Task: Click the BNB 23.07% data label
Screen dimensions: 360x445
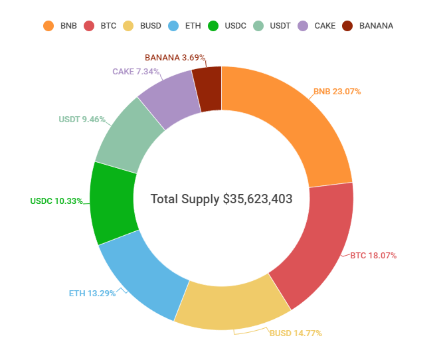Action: (337, 91)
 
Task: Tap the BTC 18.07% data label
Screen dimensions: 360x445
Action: (373, 255)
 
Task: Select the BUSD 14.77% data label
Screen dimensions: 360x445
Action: (296, 333)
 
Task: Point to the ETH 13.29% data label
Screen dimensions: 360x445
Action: (92, 293)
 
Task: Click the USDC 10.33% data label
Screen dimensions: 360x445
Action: (56, 201)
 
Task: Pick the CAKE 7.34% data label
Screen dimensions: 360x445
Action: (135, 70)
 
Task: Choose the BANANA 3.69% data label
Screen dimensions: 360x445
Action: (175, 58)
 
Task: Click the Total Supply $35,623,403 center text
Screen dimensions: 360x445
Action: (221, 199)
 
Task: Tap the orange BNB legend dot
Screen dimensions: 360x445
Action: (48, 26)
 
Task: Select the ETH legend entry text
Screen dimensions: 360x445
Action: (194, 26)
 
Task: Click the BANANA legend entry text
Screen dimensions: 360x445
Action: (376, 26)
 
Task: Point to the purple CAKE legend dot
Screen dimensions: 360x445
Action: (302, 26)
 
